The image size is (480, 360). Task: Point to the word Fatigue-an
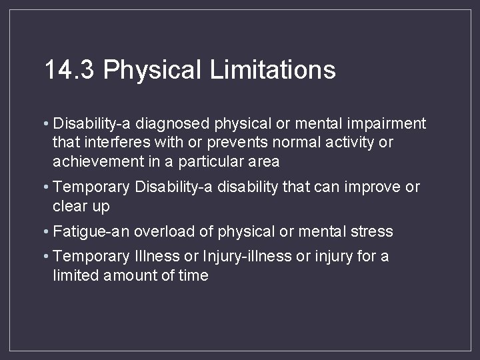92,231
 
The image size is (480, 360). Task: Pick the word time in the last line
193,275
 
